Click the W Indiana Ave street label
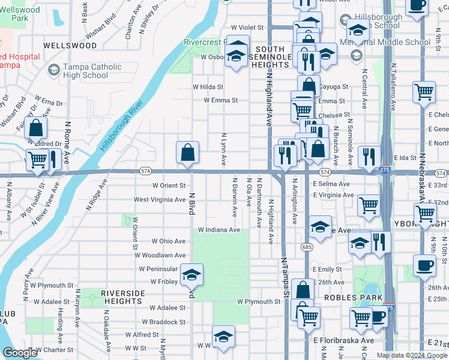(219, 230)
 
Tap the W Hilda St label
(208, 87)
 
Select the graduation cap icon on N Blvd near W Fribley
(192, 275)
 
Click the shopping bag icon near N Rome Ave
(37, 127)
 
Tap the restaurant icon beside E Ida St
(369, 156)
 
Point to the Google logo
(19, 353)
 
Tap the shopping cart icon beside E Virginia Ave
(369, 205)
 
